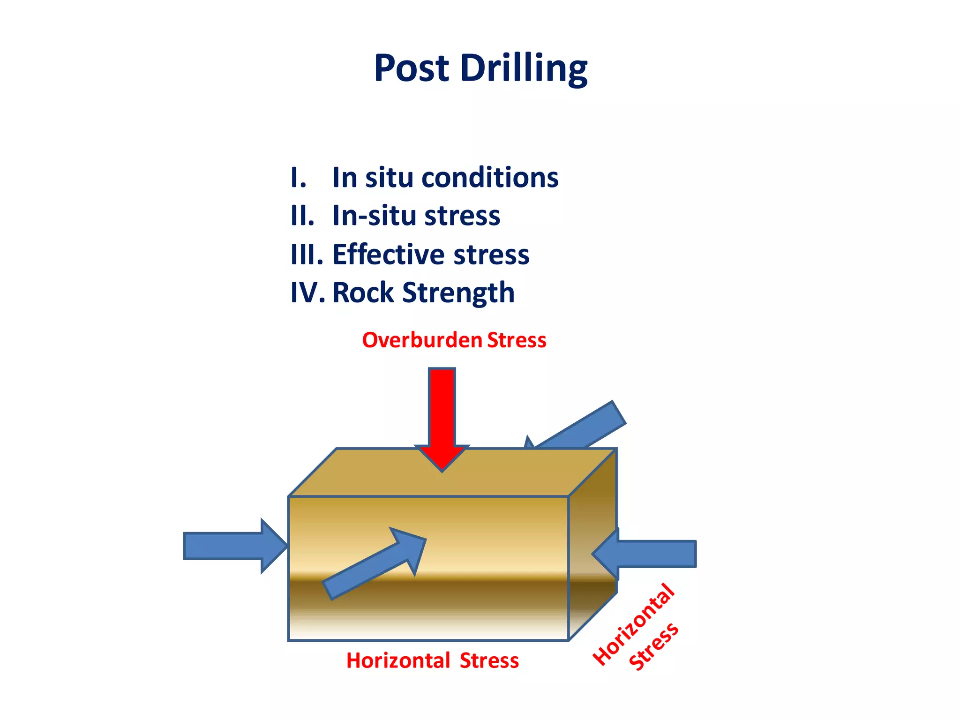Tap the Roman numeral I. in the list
point(298,178)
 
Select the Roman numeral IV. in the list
point(307,293)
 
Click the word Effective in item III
point(388,255)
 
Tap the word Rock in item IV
point(363,293)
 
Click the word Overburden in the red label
point(422,340)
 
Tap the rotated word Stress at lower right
point(654,646)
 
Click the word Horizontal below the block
point(398,661)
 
